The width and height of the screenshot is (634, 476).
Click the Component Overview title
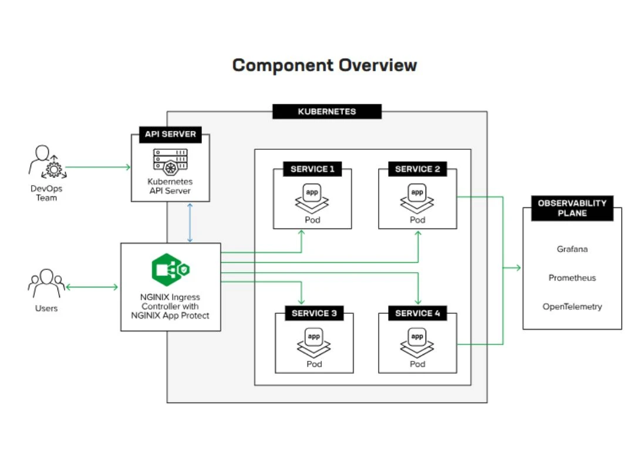[x=324, y=65]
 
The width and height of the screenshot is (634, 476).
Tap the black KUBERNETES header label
[x=326, y=112]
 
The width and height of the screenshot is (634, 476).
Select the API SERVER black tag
[x=170, y=135]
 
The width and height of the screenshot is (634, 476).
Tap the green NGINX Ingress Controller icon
[x=170, y=270]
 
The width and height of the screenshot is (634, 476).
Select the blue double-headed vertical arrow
[x=190, y=223]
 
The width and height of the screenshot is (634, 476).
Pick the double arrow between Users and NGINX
[x=92, y=287]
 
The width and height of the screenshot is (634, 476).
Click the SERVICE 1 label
[x=313, y=169]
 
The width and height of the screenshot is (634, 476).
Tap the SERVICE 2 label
[x=417, y=169]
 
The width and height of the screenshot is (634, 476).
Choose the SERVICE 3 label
[x=314, y=313]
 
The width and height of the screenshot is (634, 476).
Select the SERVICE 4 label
[x=417, y=313]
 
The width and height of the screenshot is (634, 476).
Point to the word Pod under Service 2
[x=417, y=220]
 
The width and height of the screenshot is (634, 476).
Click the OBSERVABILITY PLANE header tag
[x=572, y=208]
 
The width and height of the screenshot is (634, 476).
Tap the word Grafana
[x=572, y=249]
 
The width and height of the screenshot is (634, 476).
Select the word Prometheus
[x=572, y=278]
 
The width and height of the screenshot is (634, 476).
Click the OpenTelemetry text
[x=572, y=307]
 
